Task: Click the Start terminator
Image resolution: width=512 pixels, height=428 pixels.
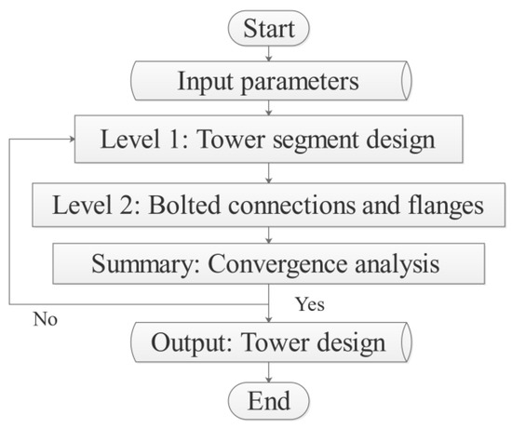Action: point(268,28)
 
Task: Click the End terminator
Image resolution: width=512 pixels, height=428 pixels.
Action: point(268,402)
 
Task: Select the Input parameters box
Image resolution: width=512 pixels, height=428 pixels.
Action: point(268,83)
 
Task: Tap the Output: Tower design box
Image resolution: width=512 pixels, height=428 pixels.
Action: point(268,343)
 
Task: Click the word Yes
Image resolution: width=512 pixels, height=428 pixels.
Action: point(310,304)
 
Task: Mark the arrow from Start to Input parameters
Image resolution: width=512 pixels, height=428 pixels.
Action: point(268,52)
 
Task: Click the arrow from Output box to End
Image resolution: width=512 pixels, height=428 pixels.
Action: point(268,373)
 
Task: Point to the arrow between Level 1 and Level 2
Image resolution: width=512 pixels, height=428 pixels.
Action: point(268,173)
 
